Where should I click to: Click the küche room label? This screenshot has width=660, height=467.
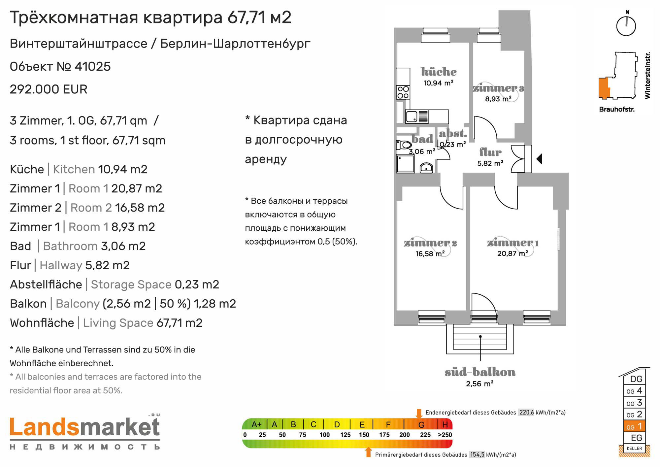click(439, 72)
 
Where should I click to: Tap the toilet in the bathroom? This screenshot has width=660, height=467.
click(404, 145)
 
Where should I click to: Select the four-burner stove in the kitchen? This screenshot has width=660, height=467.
click(403, 92)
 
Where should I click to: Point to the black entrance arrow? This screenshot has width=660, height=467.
click(539, 159)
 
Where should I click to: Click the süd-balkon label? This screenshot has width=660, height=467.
click(480, 372)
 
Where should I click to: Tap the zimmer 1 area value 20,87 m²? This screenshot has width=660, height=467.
click(512, 253)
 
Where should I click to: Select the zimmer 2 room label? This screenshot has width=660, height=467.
click(430, 243)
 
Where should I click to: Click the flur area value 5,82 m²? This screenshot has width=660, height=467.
click(490, 163)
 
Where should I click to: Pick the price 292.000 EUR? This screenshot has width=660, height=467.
click(49, 89)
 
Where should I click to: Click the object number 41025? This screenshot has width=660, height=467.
click(93, 66)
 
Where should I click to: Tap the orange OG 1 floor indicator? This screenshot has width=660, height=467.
click(634, 426)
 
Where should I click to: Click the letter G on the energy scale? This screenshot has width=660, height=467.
click(421, 424)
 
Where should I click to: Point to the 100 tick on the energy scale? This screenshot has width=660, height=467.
click(324, 435)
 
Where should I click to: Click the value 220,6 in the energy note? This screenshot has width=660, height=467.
click(526, 412)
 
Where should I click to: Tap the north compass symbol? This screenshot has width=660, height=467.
click(626, 24)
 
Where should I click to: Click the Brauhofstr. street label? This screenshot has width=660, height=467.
click(617, 109)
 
